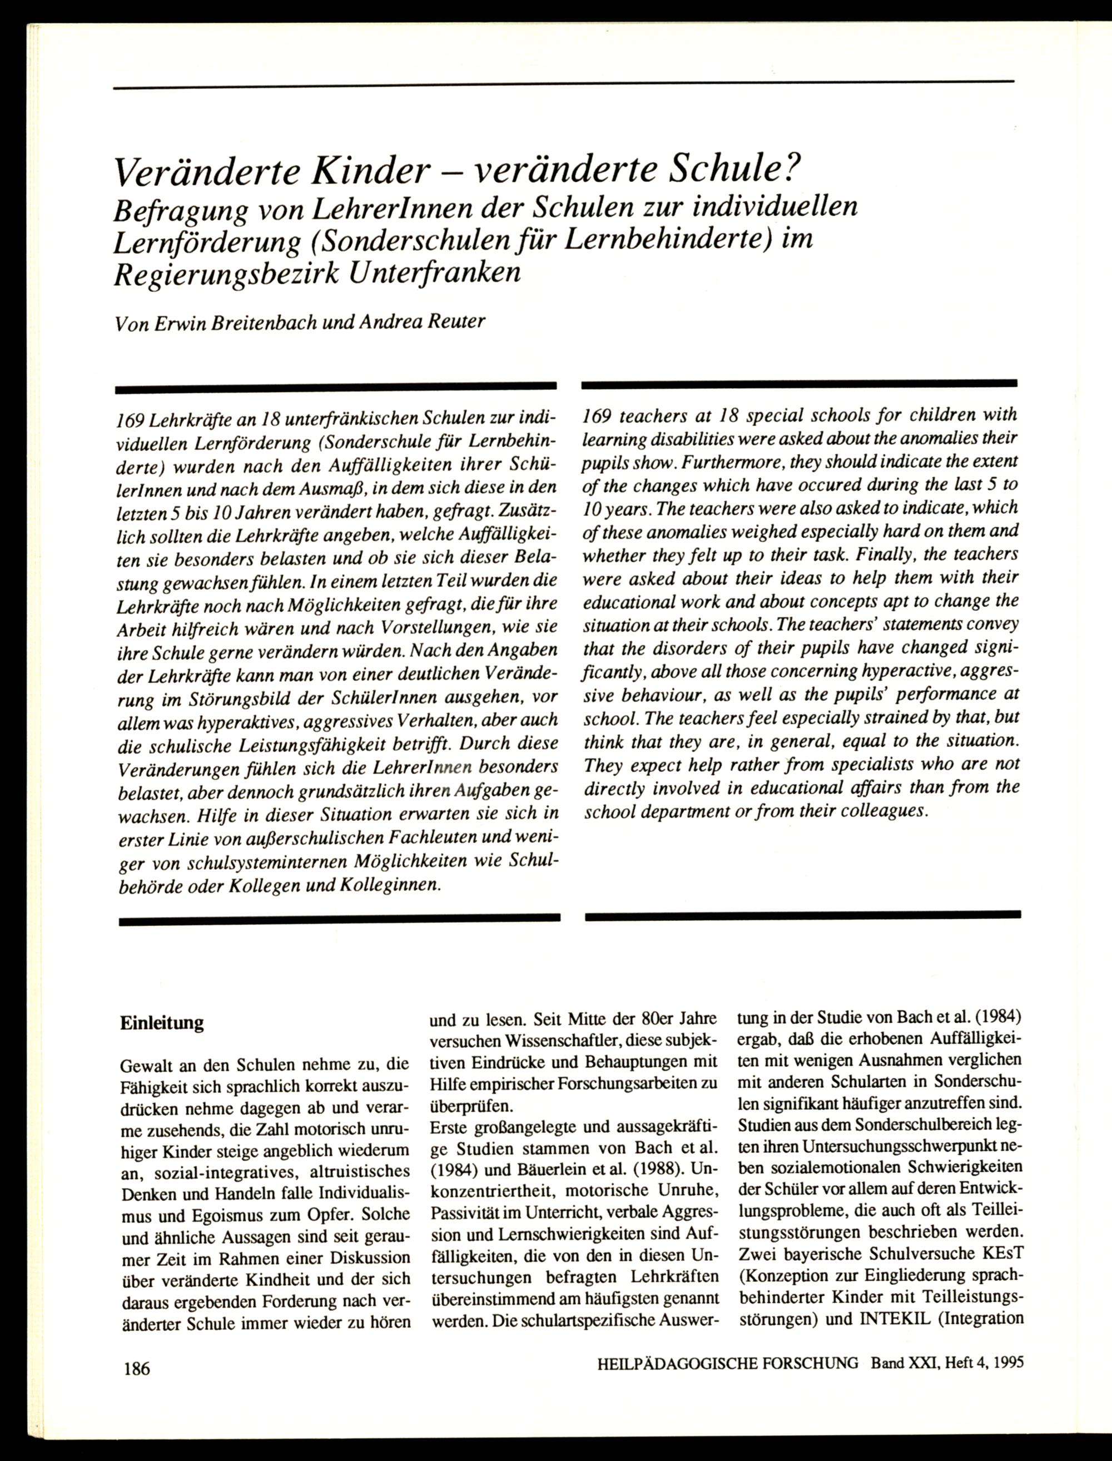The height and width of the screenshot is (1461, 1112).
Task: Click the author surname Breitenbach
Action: (x=261, y=323)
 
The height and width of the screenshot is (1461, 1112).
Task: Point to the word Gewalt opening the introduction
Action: (x=142, y=1066)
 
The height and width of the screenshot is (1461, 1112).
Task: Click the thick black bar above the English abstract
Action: (x=799, y=383)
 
